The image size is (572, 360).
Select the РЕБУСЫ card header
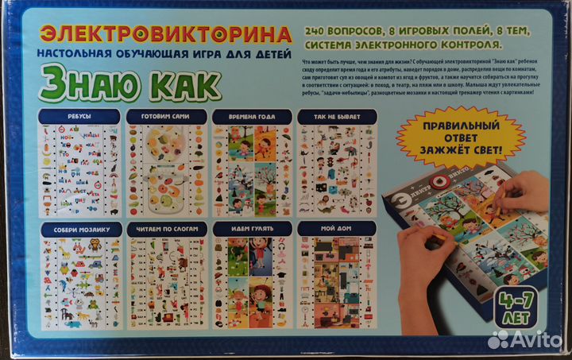click(79, 117)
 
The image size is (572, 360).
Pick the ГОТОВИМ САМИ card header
click(165, 117)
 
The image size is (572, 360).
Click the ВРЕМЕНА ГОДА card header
click(251, 117)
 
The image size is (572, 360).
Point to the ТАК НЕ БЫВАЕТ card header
click(335, 117)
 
